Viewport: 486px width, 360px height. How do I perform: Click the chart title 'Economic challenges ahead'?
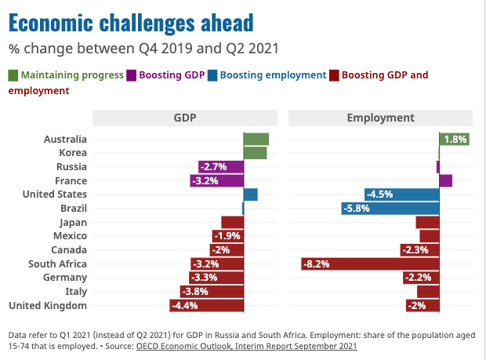pos(131,23)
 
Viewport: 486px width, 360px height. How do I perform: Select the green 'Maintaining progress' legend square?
pos(13,75)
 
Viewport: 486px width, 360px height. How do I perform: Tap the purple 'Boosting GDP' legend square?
pos(132,75)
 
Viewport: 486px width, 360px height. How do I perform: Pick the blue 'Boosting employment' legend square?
pos(212,75)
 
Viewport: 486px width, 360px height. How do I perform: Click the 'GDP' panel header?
pos(185,118)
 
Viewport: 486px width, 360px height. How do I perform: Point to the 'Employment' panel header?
pos(381,118)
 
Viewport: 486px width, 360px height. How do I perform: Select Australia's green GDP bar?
pos(256,140)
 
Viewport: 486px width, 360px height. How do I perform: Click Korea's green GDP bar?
pos(255,153)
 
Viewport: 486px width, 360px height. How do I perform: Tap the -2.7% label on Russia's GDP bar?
pos(213,167)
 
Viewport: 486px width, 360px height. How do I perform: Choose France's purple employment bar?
pos(446,180)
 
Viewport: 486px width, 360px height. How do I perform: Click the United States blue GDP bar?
pos(250,195)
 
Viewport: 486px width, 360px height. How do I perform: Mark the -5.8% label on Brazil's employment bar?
pos(357,209)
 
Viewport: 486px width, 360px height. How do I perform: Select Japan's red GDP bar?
pos(233,222)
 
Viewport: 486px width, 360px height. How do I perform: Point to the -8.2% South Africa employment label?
pos(316,264)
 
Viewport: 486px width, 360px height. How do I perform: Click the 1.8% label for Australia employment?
pos(455,140)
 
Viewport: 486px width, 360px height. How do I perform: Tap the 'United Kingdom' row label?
pos(48,306)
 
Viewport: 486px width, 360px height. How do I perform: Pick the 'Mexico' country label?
pos(70,236)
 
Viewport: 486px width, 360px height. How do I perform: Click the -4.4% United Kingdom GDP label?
pos(184,306)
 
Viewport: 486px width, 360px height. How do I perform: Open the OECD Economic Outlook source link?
pos(247,346)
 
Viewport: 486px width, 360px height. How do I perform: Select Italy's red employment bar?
pos(428,292)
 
